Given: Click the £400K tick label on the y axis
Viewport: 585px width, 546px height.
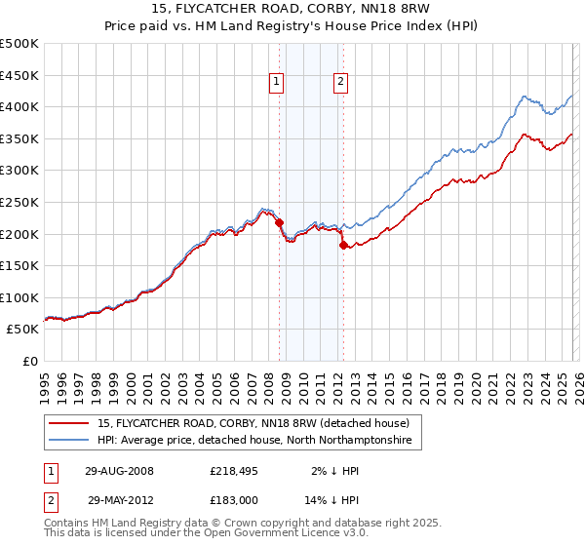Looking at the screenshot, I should coord(19,106).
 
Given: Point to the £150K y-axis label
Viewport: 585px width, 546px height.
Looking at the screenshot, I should coord(19,265).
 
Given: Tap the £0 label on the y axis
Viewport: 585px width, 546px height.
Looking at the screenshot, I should coord(30,361).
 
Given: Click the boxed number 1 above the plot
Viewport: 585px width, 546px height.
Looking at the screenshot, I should coord(278,83).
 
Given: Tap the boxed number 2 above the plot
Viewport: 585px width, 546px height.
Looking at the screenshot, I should coord(341,83).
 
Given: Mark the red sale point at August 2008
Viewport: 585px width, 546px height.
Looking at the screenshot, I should coord(279,222).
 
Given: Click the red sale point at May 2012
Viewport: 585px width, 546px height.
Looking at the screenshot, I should coord(343,245).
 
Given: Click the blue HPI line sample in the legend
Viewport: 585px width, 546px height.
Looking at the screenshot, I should coord(69,441).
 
